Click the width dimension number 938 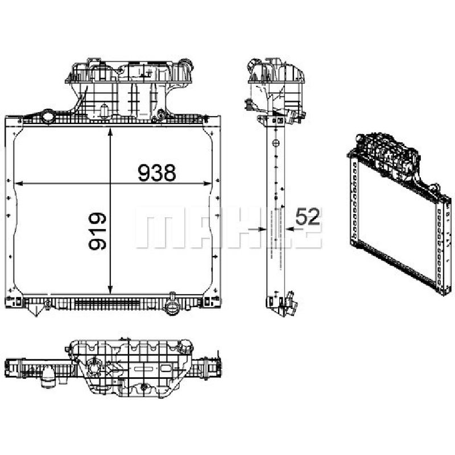157,173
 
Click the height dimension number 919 97,231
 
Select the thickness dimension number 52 308,217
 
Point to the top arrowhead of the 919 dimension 110,133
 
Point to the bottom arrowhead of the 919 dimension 110,289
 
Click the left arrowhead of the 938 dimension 19,183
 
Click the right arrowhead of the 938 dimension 208,183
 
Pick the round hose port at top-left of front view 47,117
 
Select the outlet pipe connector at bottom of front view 172,305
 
